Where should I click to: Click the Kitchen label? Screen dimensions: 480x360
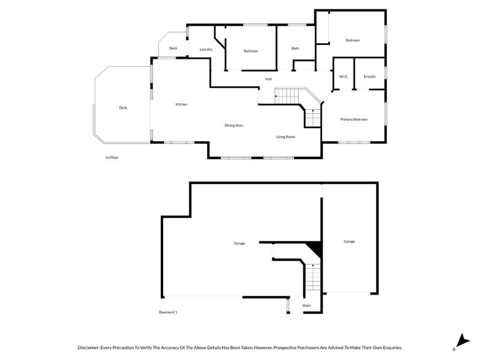[182, 104]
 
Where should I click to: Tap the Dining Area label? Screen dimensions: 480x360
[234, 125]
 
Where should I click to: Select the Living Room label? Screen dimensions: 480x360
[286, 137]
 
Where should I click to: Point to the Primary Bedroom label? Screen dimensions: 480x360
[354, 119]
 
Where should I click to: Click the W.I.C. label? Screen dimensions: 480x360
[344, 77]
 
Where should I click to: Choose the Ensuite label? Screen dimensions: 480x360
[370, 77]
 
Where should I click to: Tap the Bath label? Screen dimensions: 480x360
[295, 49]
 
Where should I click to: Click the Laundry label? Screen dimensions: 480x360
[206, 49]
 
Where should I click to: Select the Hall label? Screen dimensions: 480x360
[268, 79]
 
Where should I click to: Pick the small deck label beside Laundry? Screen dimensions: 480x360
[173, 49]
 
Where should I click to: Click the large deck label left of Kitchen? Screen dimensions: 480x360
[123, 108]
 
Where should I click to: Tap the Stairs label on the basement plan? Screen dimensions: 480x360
[307, 305]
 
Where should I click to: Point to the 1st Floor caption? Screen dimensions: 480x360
[112, 158]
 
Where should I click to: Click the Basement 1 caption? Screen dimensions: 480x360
[168, 312]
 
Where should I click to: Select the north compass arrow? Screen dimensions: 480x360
[463, 341]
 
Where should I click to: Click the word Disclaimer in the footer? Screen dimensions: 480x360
[88, 348]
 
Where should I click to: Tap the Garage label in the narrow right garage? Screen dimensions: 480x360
[349, 242]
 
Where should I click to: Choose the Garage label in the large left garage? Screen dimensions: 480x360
[239, 244]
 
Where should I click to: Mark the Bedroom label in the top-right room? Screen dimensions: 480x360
[353, 40]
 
